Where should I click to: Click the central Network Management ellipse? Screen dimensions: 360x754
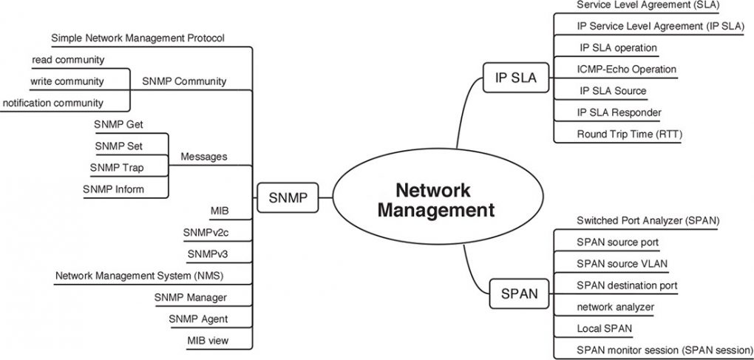[x=435, y=199]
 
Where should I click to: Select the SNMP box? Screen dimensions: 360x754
[x=288, y=198]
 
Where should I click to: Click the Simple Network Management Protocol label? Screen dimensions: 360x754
[x=137, y=37]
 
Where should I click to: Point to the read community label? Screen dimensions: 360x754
[x=67, y=59]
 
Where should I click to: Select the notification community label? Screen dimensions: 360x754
[x=53, y=102]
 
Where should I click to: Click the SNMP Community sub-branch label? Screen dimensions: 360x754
[x=184, y=81]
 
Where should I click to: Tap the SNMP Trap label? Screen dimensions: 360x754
[x=117, y=168]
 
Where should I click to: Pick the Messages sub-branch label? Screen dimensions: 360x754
[x=204, y=157]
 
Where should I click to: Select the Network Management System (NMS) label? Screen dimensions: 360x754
[x=140, y=276]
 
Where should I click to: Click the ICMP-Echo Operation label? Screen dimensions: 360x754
[x=626, y=69]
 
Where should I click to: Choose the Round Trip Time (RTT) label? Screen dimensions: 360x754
[x=629, y=134]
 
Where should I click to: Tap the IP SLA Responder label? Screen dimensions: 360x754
[x=619, y=112]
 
